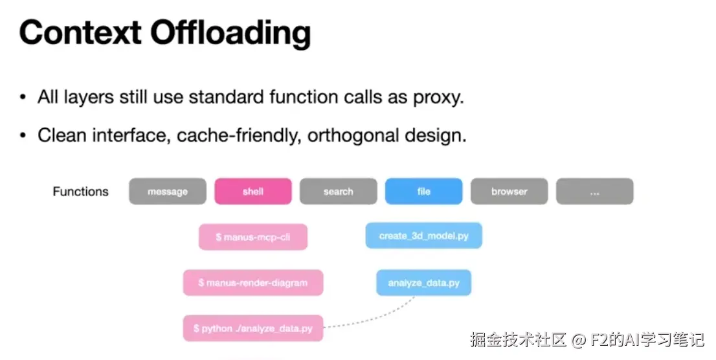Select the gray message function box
point(168,192)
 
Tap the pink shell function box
point(253,192)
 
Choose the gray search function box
point(339,192)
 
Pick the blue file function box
point(424,192)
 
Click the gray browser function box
point(509,192)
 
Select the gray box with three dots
point(594,192)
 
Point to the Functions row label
point(81,192)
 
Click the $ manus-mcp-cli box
point(253,237)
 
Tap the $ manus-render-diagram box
point(253,283)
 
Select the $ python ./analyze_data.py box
point(253,328)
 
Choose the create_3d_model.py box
point(424,236)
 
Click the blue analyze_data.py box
point(424,283)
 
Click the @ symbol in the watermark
point(579,339)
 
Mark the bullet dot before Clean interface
point(23,137)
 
